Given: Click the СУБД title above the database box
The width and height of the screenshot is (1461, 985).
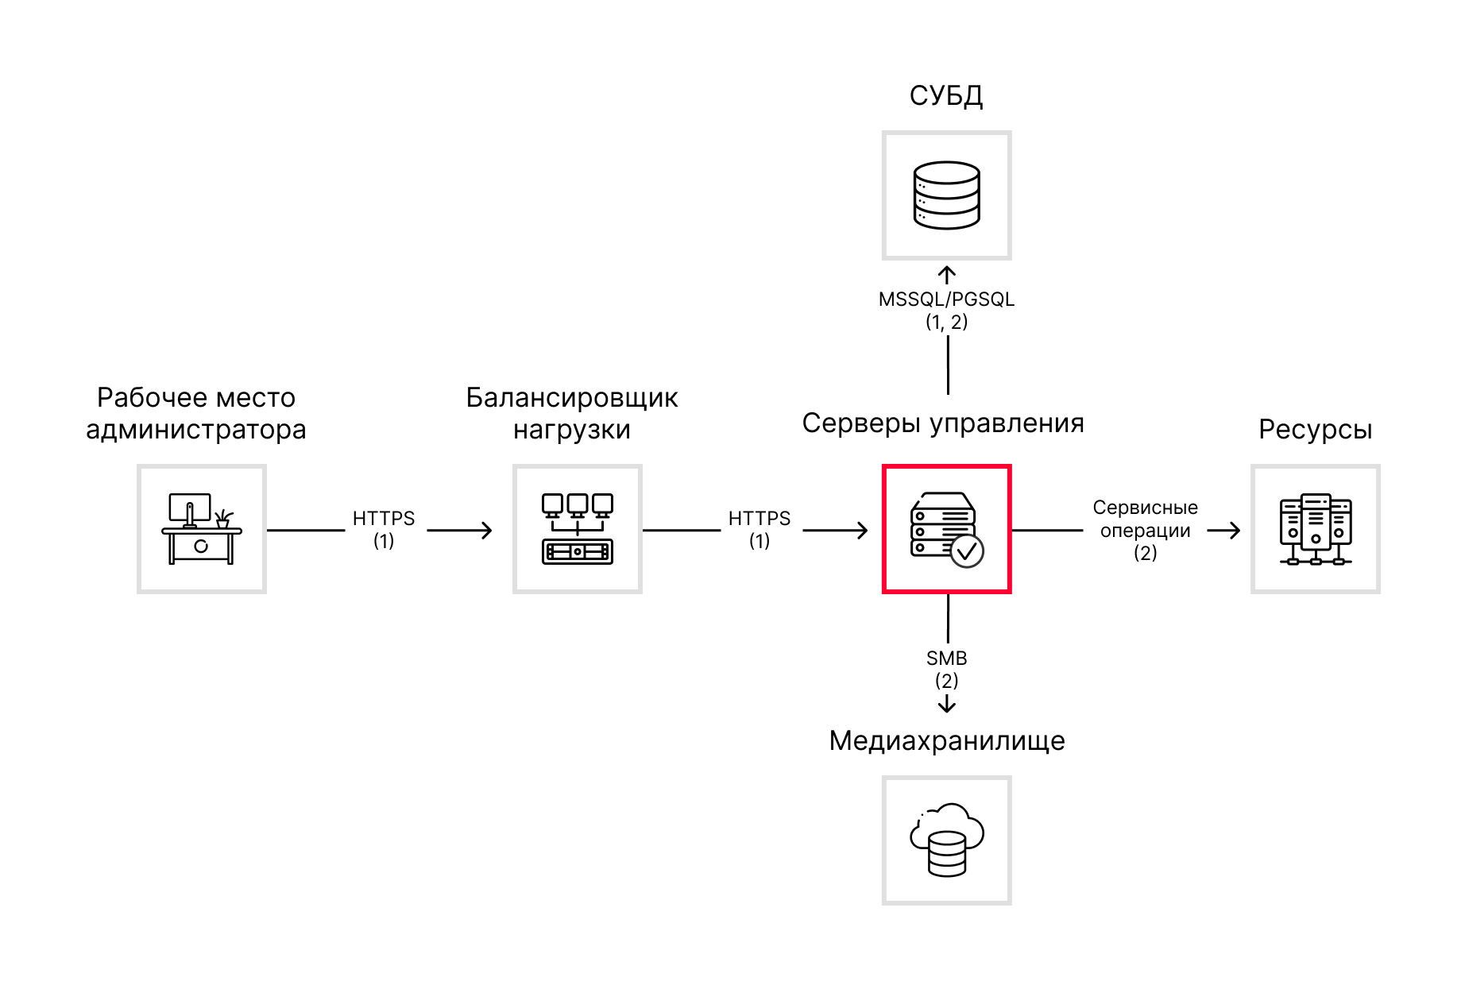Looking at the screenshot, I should pos(945,96).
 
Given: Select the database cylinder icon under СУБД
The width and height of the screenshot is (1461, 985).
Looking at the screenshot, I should pos(946,195).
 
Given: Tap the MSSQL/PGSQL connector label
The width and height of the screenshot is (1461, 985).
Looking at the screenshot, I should pos(946,299).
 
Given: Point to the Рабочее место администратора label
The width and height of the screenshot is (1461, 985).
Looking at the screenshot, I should pos(195,413).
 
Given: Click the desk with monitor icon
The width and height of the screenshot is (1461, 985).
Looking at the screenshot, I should pos(201,529).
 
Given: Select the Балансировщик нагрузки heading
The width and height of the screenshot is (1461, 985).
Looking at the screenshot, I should pos(571,413).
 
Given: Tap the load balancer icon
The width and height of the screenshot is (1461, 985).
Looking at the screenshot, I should pos(578,529).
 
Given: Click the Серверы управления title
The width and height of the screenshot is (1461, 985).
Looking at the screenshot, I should pos(942,423).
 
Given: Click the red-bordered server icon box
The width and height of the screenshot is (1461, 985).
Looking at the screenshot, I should pos(945,529).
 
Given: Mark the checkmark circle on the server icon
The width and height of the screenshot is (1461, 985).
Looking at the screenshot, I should pos(967,550).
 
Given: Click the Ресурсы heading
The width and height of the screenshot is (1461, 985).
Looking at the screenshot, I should pos(1315,430).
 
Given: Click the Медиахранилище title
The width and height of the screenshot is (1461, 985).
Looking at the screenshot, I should pos(946,740).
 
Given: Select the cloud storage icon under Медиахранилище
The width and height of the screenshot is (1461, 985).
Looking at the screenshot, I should pos(946,840).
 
